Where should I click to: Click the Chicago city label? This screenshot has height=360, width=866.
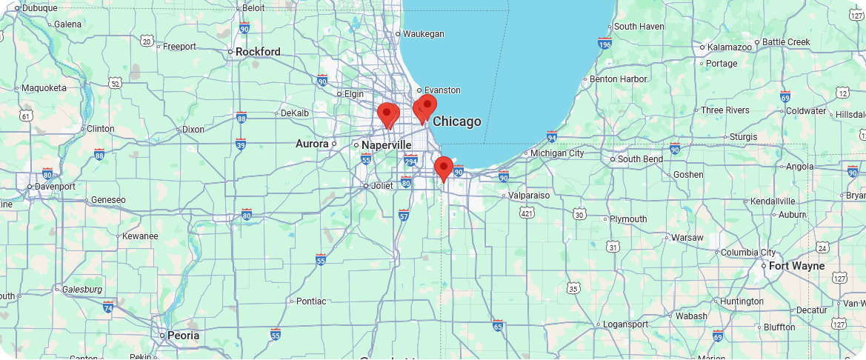coord(456,121)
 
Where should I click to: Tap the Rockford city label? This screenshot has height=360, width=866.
coord(258,52)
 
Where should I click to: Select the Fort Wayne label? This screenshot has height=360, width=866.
coord(796,266)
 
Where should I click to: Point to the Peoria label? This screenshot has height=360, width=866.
coord(183,336)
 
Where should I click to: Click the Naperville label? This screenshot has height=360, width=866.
coord(386,145)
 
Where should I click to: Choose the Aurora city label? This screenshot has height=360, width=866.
coord(312,144)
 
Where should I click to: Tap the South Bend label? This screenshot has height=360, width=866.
coord(640,159)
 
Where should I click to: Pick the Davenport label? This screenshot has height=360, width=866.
coord(55,187)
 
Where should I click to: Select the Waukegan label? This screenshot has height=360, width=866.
coord(423,33)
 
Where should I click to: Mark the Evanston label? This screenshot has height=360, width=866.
coord(442,90)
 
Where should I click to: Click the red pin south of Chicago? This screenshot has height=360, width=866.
coord(444,168)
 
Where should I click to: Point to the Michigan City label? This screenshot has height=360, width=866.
coord(557,153)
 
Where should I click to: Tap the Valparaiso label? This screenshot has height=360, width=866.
coord(529,196)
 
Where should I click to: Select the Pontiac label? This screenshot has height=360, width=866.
coord(310,301)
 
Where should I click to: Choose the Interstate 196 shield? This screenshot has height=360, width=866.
coord(604,44)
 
